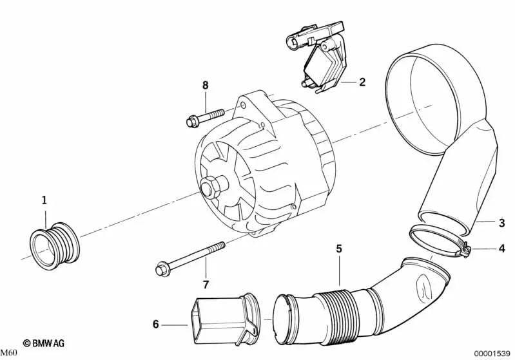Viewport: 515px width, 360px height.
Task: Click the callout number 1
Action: pos(44,200)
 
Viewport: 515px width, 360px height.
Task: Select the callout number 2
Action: pos(362,82)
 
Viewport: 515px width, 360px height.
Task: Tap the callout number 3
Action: pos(501,223)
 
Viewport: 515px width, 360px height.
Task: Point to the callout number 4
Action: pos(501,248)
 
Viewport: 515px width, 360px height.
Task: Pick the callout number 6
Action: pos(155,325)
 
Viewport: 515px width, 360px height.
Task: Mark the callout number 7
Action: pos(206,284)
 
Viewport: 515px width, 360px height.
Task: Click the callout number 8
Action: pos(206,85)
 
